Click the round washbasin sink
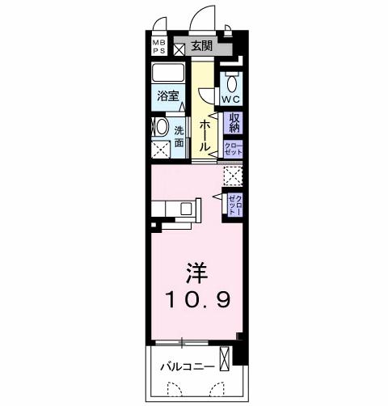point(160,127)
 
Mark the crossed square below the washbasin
point(161,149)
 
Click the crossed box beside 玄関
point(179,46)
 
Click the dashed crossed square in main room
point(233,176)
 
